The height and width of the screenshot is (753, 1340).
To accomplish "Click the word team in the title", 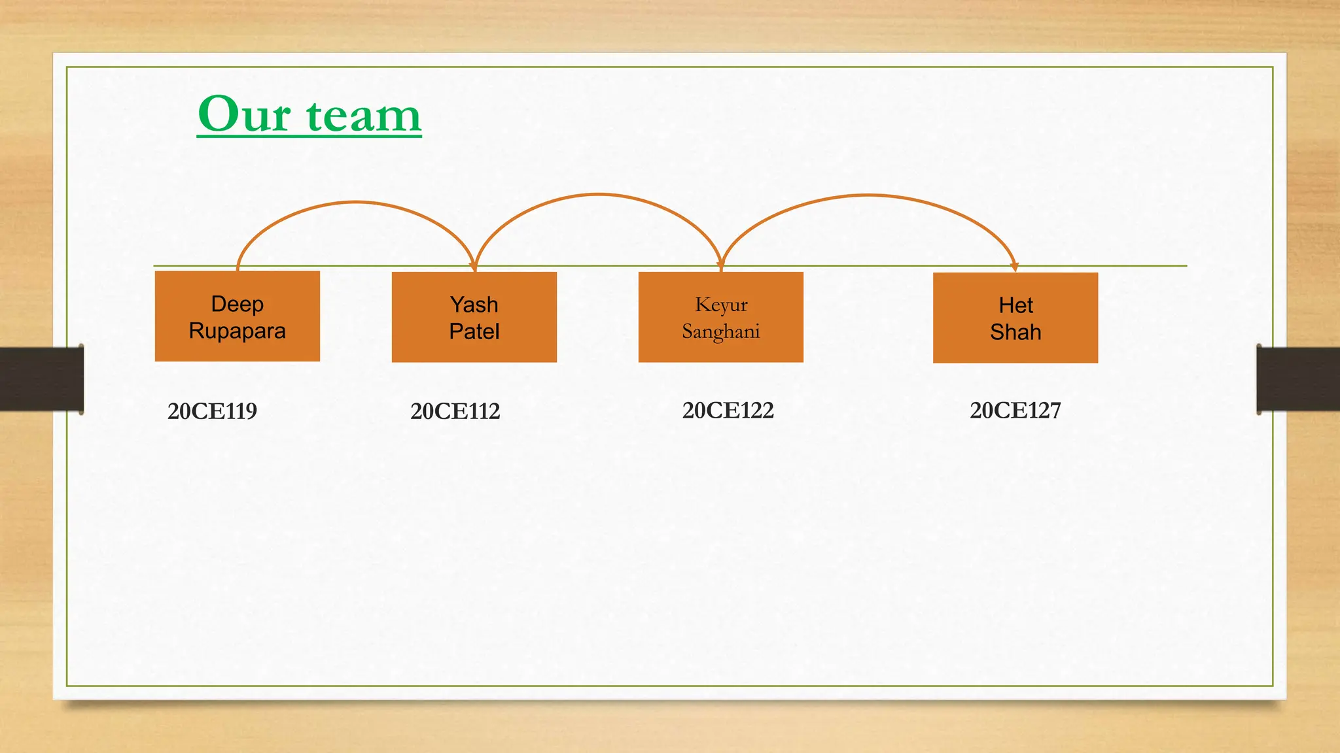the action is coord(364,116).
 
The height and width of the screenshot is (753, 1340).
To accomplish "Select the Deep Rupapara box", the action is coord(237,316).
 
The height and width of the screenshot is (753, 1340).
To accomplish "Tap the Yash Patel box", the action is coord(474,317).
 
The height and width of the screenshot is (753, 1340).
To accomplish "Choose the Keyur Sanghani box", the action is coord(720,317).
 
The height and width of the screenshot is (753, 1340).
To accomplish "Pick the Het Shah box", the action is coord(1015,318).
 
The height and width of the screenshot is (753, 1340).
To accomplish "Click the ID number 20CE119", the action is coord(212,411).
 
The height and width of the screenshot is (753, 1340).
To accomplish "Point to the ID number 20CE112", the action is coord(455,411).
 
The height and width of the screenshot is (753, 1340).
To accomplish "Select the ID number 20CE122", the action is coord(728,410).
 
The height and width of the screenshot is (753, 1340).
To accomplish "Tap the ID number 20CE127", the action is coord(1015,410).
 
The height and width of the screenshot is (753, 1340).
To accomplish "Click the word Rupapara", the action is coord(237,331).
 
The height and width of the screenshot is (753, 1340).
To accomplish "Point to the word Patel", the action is coord(474,331).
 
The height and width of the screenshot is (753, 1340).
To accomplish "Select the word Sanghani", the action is coord(720,331).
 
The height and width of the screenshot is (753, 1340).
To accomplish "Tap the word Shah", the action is coord(1015,332).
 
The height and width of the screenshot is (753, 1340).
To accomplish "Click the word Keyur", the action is coord(720,305).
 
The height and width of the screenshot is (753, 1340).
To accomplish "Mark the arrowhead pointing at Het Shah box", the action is coord(1015,266).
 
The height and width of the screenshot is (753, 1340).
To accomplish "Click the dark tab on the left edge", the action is coord(41,379).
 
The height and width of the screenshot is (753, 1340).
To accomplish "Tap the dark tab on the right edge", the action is coord(1298,379).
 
